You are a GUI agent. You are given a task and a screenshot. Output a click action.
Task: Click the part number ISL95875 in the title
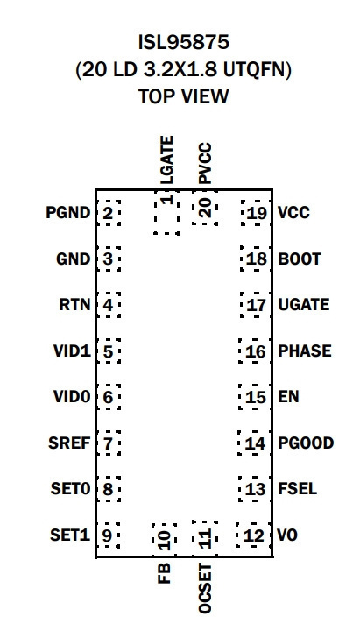pos(183,42)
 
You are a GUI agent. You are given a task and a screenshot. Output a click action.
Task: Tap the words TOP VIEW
pos(183,96)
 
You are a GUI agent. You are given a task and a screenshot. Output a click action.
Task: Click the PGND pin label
pos(68,212)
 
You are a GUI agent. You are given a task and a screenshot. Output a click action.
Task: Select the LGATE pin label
pos(167,160)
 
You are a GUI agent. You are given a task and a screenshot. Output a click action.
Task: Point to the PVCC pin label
pos(205,164)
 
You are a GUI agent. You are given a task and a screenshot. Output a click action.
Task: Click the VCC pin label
pos(293,212)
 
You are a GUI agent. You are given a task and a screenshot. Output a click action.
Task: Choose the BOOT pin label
pos(300,259)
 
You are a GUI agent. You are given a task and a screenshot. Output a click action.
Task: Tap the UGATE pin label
pos(304,305)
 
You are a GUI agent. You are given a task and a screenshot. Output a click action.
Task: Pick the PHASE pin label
pos(305,351)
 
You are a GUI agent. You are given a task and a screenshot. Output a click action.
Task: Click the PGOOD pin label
pos(306,443)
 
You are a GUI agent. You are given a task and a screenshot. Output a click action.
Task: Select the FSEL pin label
pos(297,489)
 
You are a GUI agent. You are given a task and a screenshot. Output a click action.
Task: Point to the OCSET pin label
pos(205,588)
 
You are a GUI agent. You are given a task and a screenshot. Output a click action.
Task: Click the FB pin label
pos(165,572)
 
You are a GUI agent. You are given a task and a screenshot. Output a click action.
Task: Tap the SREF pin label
pos(69,443)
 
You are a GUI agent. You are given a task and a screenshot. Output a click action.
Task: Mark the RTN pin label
pos(74,305)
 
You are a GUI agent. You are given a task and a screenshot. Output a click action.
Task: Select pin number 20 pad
pos(205,212)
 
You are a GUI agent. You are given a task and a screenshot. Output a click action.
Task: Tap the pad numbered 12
pos(253,535)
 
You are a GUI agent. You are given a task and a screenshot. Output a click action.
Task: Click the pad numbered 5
pos(109,351)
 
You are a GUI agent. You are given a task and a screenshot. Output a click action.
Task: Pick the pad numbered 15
pos(254,397)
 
